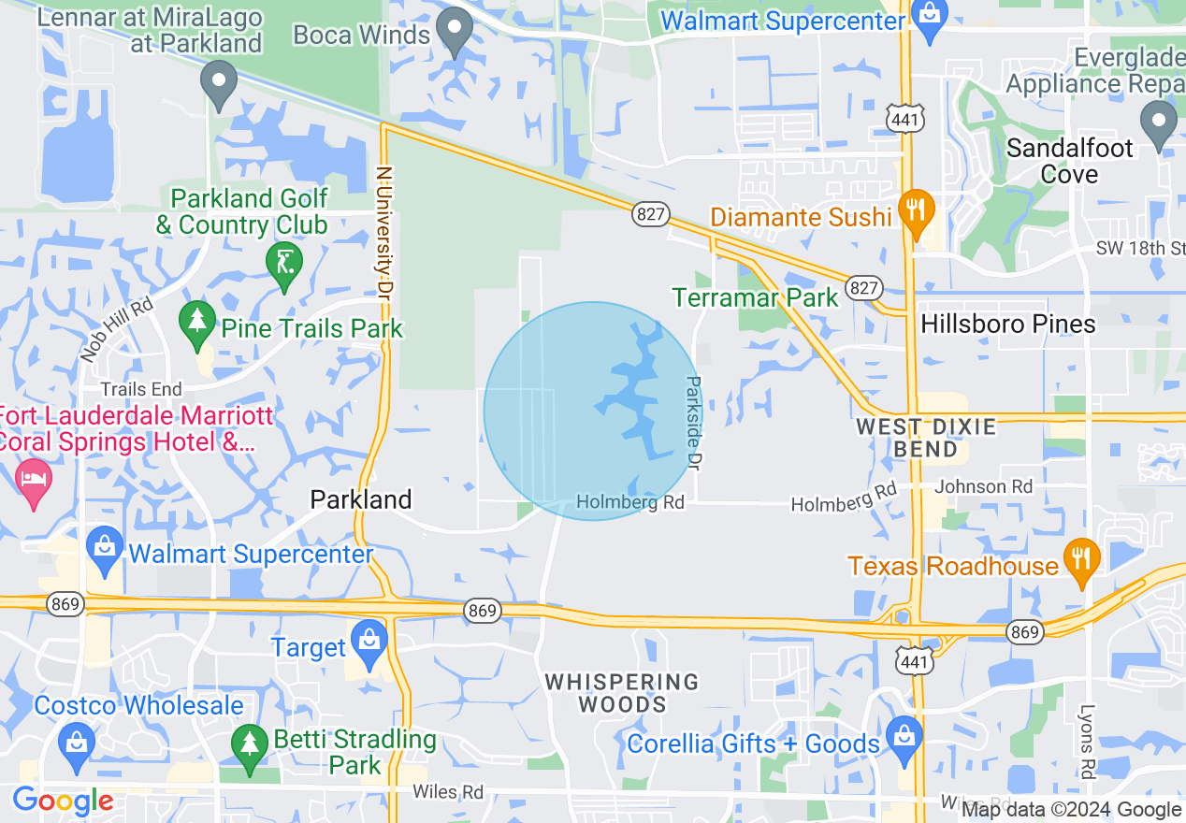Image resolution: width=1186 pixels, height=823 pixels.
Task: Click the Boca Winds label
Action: pyautogui.click(x=361, y=35)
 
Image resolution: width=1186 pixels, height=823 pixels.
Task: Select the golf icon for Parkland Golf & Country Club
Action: pyautogui.click(x=283, y=263)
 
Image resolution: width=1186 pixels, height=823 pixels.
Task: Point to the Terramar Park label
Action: pyautogui.click(x=756, y=297)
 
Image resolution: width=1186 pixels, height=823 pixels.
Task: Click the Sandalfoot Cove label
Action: pyautogui.click(x=1069, y=161)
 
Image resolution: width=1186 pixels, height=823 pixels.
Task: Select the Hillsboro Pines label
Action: pyautogui.click(x=1008, y=325)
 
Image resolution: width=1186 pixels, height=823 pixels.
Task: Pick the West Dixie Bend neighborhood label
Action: pyautogui.click(x=926, y=438)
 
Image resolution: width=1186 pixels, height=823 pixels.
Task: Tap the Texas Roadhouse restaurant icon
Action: pyautogui.click(x=1081, y=560)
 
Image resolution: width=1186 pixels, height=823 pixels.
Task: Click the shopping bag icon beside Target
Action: pyautogui.click(x=369, y=642)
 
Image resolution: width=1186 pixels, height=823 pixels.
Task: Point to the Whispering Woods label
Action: pyautogui.click(x=622, y=693)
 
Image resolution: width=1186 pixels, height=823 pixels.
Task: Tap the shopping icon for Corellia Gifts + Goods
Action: pyautogui.click(x=904, y=736)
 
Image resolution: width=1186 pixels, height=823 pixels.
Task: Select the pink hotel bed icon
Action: pyautogui.click(x=35, y=479)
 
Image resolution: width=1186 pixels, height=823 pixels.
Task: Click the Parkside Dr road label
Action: pyautogui.click(x=693, y=423)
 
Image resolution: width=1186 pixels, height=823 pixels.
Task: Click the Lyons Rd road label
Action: pyautogui.click(x=1086, y=743)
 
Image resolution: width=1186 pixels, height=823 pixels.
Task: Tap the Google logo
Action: pyautogui.click(x=63, y=801)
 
